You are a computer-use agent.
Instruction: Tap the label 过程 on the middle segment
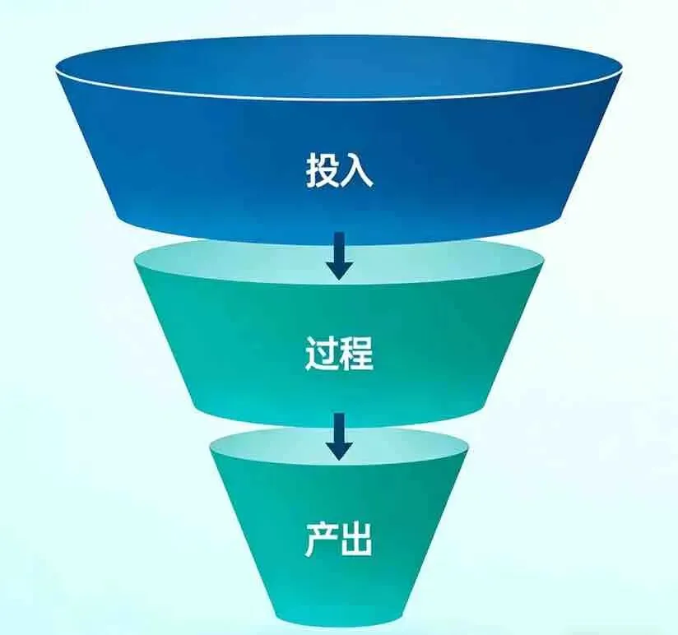[339, 355]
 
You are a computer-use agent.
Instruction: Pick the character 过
[321, 355]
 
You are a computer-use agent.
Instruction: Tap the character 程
[357, 355]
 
